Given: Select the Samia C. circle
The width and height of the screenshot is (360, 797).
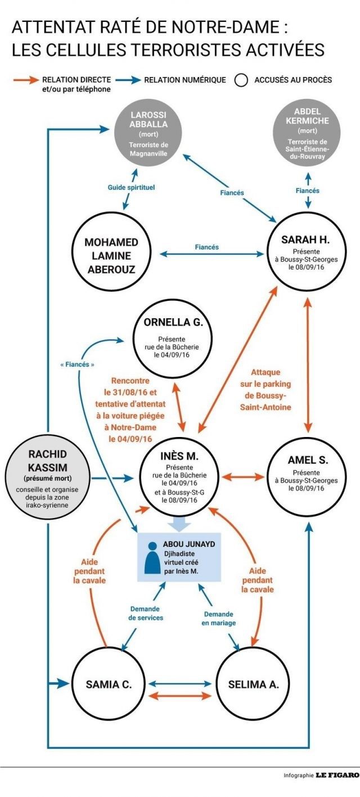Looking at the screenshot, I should pos(108,685).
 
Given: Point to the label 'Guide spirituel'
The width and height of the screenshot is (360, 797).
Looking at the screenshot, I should pos(132,186).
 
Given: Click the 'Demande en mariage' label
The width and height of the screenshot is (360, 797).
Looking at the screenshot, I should pos(219,619).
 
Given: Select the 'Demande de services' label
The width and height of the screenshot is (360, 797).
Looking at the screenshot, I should pos(146,613).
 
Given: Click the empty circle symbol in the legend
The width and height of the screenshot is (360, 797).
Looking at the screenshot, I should pos(241,80).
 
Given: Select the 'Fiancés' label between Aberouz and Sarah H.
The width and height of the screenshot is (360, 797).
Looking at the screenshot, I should pos(206,247).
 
